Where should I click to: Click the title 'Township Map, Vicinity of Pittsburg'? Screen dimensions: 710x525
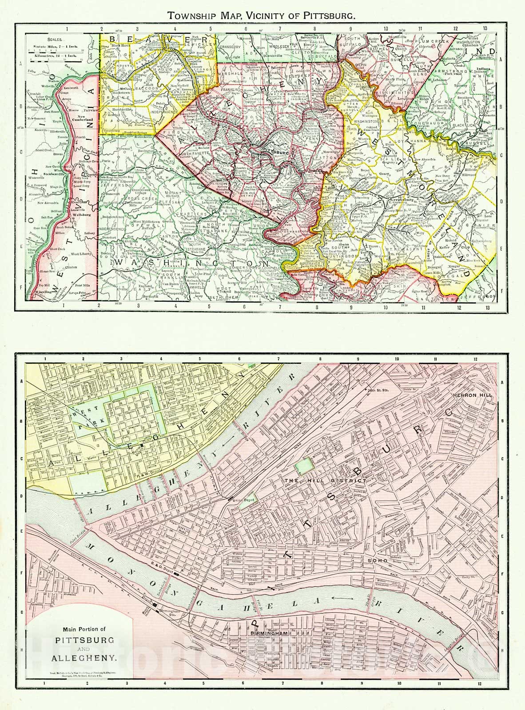261,16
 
